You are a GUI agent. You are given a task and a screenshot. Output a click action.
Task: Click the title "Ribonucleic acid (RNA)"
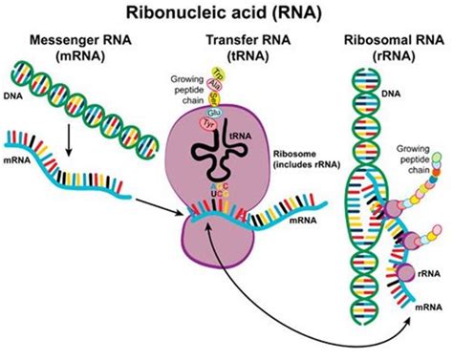tap(226, 13)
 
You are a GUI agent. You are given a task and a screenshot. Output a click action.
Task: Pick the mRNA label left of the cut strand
tap(17, 164)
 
